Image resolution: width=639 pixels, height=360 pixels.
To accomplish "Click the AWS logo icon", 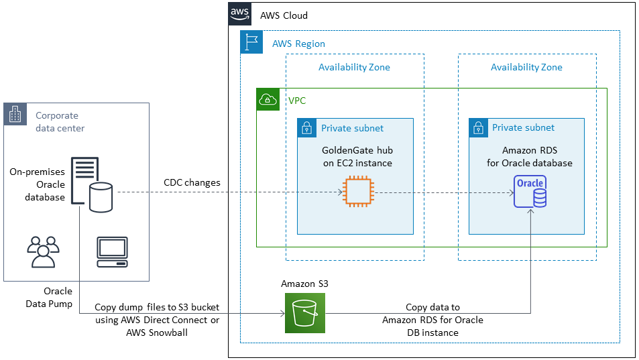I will point(240,14).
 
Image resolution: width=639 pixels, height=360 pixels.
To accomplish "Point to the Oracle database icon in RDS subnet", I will point(530,192).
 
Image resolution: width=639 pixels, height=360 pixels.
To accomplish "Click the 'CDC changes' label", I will point(192,182).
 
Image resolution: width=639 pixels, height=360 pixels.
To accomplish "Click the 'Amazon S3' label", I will point(304,284).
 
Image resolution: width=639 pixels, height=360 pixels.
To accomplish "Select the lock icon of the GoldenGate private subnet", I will point(307,128).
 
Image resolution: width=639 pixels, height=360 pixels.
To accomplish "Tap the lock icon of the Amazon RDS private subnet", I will point(478,127).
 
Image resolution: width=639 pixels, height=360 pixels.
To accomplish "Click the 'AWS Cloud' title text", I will point(284,15).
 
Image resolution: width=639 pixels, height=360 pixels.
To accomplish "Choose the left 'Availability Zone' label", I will point(354,67).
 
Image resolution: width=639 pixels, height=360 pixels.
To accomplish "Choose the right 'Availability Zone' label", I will point(526,67).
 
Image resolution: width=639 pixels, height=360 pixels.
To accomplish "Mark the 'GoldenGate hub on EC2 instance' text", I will point(357,157).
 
